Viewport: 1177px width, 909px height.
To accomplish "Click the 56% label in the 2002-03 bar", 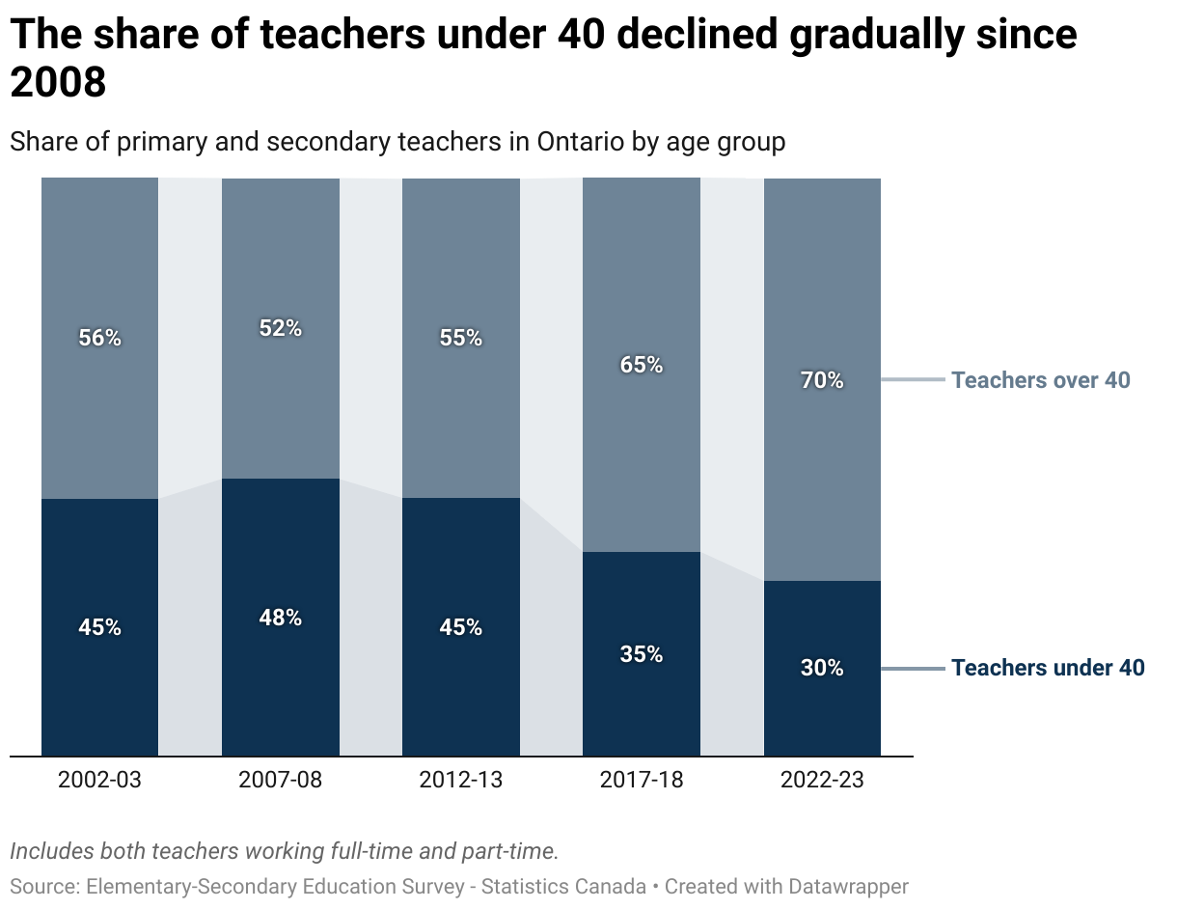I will (100, 338).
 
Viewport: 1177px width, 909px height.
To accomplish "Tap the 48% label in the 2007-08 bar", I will (281, 618).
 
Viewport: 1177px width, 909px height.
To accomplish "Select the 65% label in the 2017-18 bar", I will (642, 365).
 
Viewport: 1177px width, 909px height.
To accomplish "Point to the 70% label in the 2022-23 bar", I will (822, 380).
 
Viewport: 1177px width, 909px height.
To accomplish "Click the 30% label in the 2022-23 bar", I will (822, 668).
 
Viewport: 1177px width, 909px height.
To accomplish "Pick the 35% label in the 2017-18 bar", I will (642, 654).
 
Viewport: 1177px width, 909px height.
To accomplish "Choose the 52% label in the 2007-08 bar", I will (281, 328).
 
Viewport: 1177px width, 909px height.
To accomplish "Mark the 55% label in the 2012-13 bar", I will (461, 338).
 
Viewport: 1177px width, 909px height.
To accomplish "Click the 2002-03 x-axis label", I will (99, 780).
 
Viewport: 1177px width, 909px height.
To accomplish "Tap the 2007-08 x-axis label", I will (281, 780).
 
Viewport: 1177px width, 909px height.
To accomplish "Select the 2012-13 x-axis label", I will (461, 780).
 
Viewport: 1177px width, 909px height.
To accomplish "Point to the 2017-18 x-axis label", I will (642, 780).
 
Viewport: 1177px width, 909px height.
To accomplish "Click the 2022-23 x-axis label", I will (822, 780).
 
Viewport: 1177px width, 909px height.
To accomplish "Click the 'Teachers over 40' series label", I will (1040, 380).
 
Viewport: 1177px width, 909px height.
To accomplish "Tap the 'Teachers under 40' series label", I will (1048, 668).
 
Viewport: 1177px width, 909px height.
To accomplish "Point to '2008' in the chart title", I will (58, 84).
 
